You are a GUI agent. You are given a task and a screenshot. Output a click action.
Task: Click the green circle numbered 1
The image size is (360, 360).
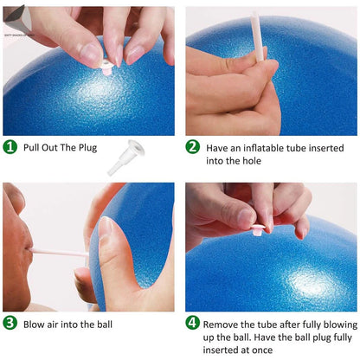click(10, 147)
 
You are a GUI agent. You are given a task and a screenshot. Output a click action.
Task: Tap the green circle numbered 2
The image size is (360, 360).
click(193, 147)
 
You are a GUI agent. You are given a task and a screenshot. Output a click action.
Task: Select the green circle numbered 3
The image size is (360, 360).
click(10, 325)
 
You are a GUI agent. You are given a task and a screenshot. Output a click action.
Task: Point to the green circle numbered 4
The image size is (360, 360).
click(193, 325)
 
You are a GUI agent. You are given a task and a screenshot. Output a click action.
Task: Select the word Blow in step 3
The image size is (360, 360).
click(35, 325)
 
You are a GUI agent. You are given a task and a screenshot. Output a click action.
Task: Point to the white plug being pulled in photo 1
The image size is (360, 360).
click(106, 66)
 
